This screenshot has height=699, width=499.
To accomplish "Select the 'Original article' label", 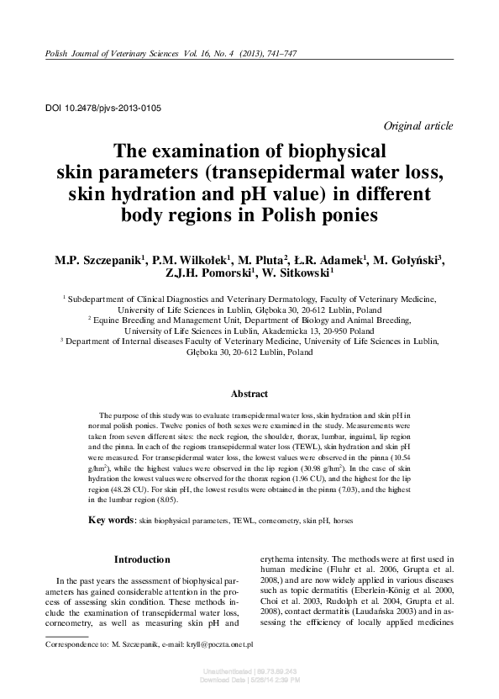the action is point(418,126).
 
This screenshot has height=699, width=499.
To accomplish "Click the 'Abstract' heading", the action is point(249,394).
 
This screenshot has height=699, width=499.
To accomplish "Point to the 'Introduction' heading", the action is point(142,559).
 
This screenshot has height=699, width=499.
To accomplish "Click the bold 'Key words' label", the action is point(112,521).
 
